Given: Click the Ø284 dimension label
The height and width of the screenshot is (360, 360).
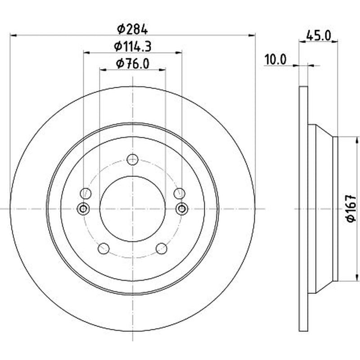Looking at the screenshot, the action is [132, 29].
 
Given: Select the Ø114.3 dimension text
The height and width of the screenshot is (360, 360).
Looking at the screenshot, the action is [133, 47].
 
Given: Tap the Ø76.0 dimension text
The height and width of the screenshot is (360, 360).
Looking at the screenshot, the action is [133, 63].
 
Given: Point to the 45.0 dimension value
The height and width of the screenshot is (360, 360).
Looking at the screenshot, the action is [319, 36].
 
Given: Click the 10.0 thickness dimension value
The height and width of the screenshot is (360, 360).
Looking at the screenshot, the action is [275, 60].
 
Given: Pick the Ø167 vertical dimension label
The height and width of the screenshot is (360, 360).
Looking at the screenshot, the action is [351, 208].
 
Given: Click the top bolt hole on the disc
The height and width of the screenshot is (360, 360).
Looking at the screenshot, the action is [133, 160].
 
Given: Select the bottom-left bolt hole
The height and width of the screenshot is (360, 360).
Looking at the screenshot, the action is [103, 248].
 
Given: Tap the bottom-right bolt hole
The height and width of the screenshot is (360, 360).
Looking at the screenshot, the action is [162, 248].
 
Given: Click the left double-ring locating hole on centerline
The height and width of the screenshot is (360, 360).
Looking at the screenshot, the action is [83, 209].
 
